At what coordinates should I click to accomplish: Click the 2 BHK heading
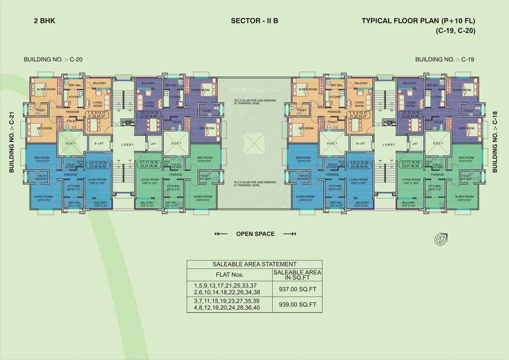[45, 21]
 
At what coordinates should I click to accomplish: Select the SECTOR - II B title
[254, 21]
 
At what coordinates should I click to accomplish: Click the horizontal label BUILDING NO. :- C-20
[53, 60]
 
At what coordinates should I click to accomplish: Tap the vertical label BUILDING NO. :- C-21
[12, 142]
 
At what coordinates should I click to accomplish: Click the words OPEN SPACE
[255, 233]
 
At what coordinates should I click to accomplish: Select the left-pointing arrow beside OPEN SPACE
[221, 233]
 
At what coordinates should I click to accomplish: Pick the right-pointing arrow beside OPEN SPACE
[290, 233]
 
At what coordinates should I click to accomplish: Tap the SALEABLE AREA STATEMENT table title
[254, 264]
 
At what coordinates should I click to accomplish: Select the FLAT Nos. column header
[229, 275]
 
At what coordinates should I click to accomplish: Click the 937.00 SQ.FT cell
[297, 290]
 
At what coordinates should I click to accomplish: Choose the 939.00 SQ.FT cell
[297, 304]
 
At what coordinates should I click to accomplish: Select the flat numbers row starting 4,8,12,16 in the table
[229, 308]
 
